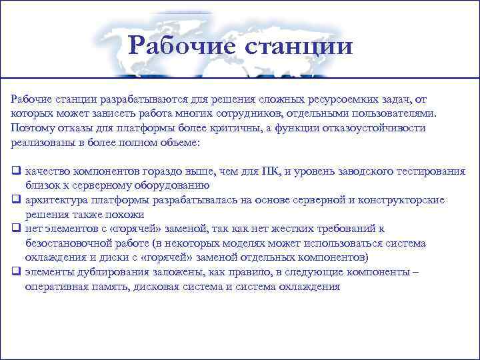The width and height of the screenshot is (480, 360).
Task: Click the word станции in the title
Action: tap(299, 46)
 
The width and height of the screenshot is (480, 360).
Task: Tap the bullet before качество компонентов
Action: tap(15, 172)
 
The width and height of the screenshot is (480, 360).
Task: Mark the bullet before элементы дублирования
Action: tap(15, 272)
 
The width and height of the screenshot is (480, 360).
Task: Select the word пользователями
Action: tap(393, 114)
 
